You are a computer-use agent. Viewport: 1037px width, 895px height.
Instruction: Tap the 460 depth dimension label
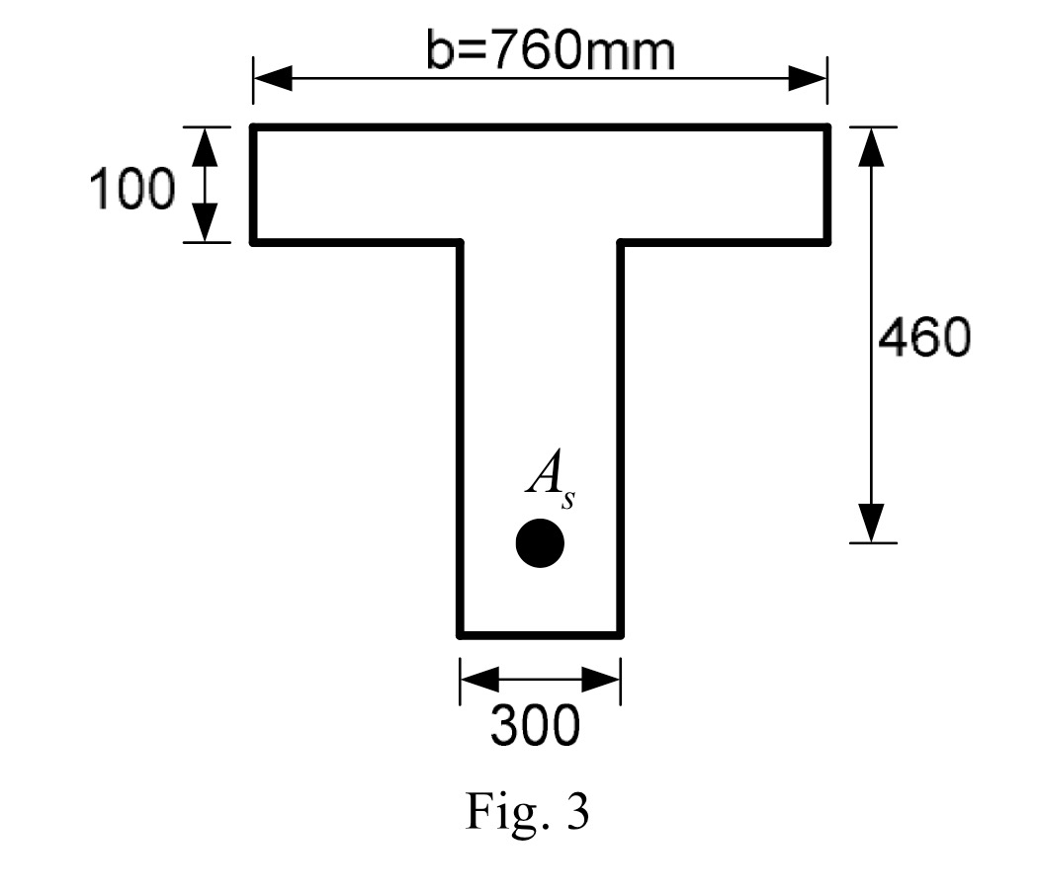pyautogui.click(x=924, y=339)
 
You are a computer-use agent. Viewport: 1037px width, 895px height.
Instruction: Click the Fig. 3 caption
pyautogui.click(x=527, y=811)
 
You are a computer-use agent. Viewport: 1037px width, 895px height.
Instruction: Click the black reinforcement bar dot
pyautogui.click(x=540, y=543)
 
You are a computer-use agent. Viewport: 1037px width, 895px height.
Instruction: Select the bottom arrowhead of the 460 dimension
pyautogui.click(x=870, y=523)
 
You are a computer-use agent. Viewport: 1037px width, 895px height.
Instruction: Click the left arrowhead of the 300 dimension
pyautogui.click(x=478, y=680)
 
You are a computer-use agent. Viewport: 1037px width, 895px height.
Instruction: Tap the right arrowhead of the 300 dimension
pyautogui.click(x=601, y=680)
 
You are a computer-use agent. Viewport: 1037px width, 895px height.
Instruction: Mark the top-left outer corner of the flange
pyautogui.click(x=253, y=127)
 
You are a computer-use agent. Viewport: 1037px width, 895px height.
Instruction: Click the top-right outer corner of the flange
pyautogui.click(x=827, y=127)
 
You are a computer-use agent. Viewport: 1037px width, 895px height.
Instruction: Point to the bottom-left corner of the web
pyautogui.click(x=460, y=634)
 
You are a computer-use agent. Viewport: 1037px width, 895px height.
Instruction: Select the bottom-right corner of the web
pyautogui.click(x=620, y=634)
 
